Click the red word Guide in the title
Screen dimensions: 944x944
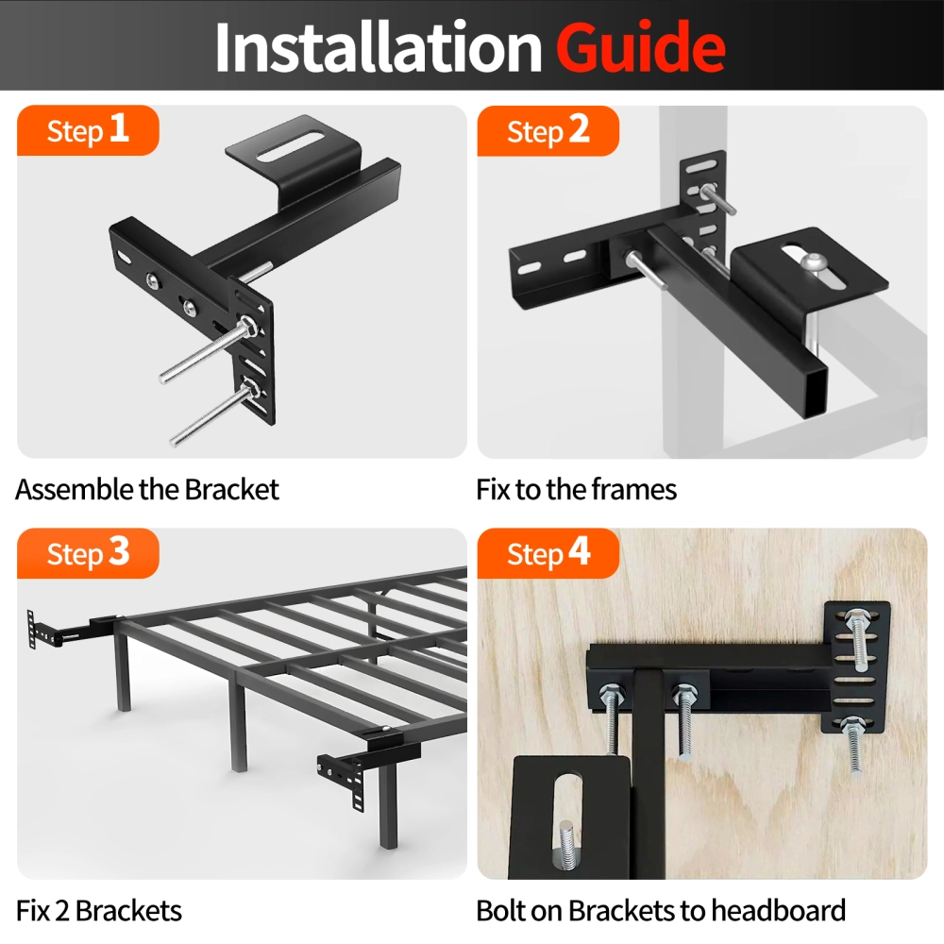[x=640, y=47]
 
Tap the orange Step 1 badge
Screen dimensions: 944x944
[x=89, y=130]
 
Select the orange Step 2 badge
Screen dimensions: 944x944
[x=548, y=131]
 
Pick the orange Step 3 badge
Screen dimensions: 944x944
[x=89, y=553]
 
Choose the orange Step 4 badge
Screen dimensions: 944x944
[x=548, y=553]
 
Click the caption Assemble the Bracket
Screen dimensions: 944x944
[x=147, y=490]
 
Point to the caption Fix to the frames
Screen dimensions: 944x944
[x=576, y=490]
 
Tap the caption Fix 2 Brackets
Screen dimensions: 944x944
[x=99, y=911]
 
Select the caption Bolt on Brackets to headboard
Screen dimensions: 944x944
[x=661, y=911]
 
